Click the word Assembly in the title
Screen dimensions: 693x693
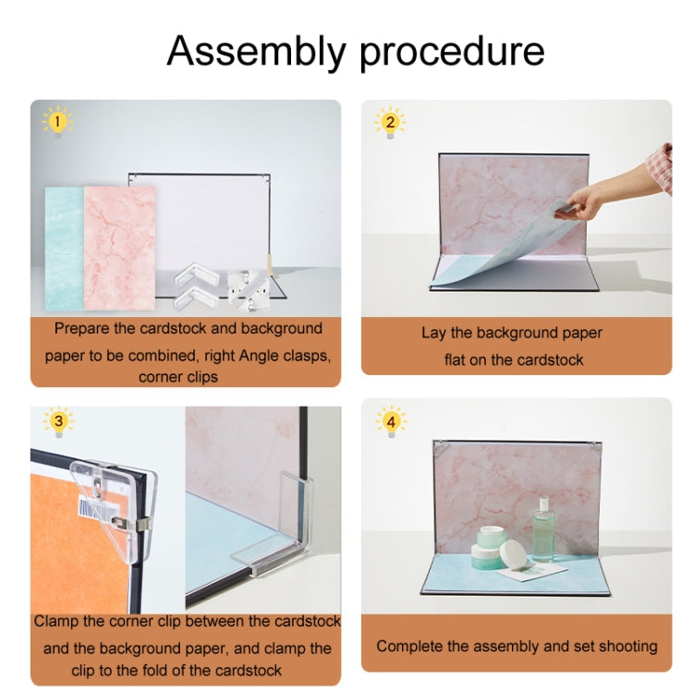(x=256, y=52)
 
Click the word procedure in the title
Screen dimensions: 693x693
(x=452, y=53)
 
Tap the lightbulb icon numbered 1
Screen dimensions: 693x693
(x=57, y=121)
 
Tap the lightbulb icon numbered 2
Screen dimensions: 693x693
(x=390, y=122)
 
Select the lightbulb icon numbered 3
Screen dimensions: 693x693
(x=59, y=421)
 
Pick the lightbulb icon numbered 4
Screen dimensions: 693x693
(x=391, y=421)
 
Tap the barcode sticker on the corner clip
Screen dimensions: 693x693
(x=98, y=510)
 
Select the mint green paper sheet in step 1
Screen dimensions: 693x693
(x=65, y=249)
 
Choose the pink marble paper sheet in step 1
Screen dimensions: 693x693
(x=119, y=248)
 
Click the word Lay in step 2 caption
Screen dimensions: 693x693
(x=433, y=334)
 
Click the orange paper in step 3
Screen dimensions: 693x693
(x=75, y=548)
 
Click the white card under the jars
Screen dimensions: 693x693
(x=531, y=571)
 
